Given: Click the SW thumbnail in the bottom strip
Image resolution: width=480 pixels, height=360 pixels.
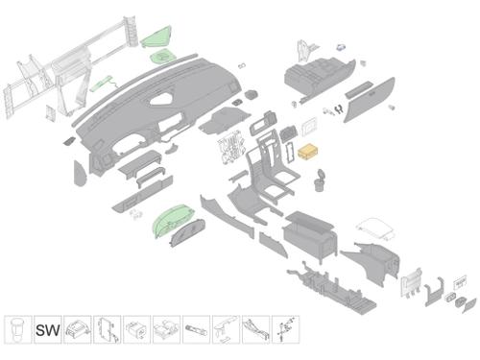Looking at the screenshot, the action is coord(48,330).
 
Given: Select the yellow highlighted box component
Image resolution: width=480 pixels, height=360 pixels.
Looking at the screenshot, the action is coord(308,152).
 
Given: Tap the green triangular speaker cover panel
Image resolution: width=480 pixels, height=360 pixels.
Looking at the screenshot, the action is coord(156,37).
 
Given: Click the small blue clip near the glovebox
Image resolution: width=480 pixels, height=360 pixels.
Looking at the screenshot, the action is coord(341,47).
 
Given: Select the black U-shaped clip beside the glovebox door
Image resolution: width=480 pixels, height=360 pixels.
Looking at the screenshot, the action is coord(337,109).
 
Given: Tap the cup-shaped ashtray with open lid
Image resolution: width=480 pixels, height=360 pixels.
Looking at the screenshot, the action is coord(320,180).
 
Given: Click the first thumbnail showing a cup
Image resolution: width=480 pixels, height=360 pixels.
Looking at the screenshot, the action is coord(18,330).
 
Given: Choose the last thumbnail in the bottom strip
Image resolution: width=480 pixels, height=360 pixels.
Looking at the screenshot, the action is coord(285,330).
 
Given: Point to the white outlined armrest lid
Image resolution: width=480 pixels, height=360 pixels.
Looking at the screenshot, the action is coord(375,228).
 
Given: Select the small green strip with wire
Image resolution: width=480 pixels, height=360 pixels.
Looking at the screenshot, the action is coord(103,84).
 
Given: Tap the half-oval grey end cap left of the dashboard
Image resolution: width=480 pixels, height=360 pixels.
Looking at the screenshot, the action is coord(80,173).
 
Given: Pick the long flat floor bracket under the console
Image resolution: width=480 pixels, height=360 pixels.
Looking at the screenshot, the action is coord(331,288).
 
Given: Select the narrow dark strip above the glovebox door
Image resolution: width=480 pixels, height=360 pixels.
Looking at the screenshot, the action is coord(359,90).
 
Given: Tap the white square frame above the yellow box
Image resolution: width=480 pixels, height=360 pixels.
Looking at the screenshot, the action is coord(309,127).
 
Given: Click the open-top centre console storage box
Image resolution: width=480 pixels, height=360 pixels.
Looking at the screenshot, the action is coord(310,235).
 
